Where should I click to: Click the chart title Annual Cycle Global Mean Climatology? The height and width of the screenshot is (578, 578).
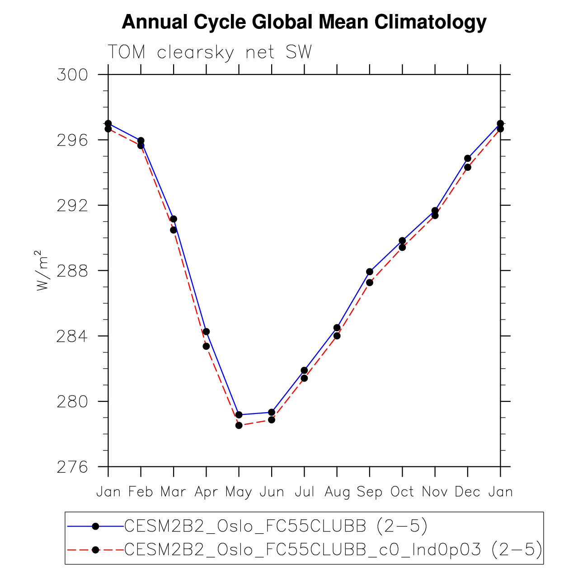pos(304,22)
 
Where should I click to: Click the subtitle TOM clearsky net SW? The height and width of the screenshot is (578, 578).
pos(210,53)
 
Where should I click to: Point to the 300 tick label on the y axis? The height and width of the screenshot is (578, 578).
pos(72,75)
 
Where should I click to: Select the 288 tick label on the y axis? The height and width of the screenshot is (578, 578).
pos(72,271)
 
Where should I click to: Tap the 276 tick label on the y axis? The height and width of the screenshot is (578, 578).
pos(72,467)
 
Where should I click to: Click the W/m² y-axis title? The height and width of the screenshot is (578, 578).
pos(42,270)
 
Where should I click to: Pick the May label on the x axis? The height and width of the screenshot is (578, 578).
pos(239,492)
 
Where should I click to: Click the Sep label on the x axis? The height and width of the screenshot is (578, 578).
pos(369,492)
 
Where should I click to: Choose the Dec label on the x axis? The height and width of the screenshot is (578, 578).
pos(467,492)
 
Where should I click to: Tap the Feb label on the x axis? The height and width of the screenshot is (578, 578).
pos(141,492)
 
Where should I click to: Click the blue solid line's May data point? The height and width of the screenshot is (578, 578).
pos(239,415)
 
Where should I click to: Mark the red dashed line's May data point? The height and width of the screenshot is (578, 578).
pos(239,425)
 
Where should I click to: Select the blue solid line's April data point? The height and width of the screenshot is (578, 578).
pos(206,332)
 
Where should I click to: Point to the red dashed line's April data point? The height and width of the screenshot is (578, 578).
pos(206,346)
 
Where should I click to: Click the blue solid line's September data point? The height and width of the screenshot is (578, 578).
pos(370,272)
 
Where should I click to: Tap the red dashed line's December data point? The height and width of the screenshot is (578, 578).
pos(468,167)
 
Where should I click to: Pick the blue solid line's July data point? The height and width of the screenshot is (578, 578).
pos(304,371)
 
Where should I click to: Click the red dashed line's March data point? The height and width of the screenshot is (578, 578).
pos(174,230)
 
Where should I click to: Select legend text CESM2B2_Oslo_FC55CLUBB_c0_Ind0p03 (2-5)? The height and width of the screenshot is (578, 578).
pos(333,550)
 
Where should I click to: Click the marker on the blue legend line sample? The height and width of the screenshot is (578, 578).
pos(95,526)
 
